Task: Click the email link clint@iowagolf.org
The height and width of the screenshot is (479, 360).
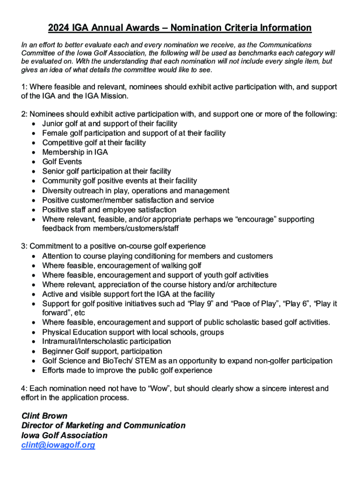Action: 58,445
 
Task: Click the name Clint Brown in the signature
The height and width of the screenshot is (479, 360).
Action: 44,415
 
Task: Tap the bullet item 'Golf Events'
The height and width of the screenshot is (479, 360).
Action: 62,162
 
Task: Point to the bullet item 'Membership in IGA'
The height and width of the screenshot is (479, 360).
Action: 75,152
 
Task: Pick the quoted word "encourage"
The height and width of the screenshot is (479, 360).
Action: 246,219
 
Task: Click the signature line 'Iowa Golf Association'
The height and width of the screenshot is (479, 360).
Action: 65,435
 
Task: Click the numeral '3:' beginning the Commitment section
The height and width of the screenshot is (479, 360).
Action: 25,246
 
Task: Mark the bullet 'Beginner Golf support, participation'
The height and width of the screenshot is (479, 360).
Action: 102,351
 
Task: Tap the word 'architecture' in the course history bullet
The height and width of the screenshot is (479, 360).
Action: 256,284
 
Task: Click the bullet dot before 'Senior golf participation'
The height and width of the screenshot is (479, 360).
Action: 34,172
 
